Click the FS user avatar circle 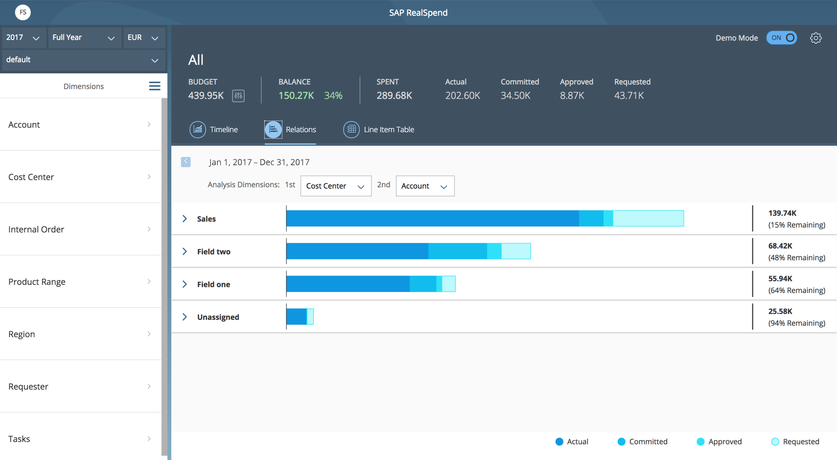coord(23,12)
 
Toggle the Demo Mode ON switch coord(781,38)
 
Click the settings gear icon coord(816,38)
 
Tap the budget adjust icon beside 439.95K coord(238,96)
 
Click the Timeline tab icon coord(198,129)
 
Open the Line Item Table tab coord(379,129)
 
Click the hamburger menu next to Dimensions coord(154,86)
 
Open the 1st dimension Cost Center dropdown coord(336,186)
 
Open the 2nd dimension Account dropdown coord(425,186)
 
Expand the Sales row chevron coord(184,219)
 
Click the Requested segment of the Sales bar coord(648,218)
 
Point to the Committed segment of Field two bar coord(458,251)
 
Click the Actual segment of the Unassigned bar coord(296,317)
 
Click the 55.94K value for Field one coord(780,279)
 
